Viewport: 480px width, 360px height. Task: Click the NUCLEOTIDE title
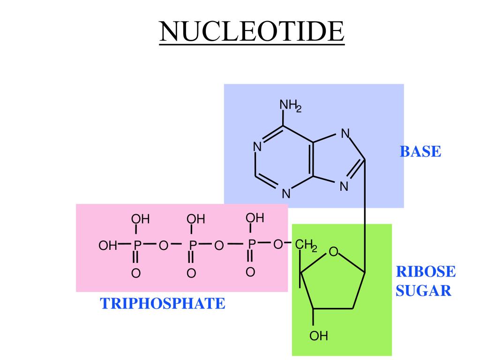point(252,31)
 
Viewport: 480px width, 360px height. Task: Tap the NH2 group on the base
point(290,105)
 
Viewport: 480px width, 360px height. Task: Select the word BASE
point(420,152)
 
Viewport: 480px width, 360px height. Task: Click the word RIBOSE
point(425,272)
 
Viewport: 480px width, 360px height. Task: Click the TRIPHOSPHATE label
point(163,304)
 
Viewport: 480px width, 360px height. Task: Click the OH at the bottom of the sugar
point(318,336)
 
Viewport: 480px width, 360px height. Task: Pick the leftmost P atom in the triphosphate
point(136,245)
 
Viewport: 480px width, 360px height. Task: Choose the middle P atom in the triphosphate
point(192,245)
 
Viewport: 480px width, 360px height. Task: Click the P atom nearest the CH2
point(251,244)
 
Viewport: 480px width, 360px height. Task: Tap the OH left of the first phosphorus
point(107,245)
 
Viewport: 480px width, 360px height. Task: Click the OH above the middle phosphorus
point(196,219)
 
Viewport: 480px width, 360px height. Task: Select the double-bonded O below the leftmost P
point(136,273)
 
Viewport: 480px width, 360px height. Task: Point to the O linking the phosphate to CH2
point(277,244)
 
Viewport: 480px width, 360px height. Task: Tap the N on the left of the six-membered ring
point(257,147)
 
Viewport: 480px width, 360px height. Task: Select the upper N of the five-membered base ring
point(345,134)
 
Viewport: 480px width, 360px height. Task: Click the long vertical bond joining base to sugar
point(365,216)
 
